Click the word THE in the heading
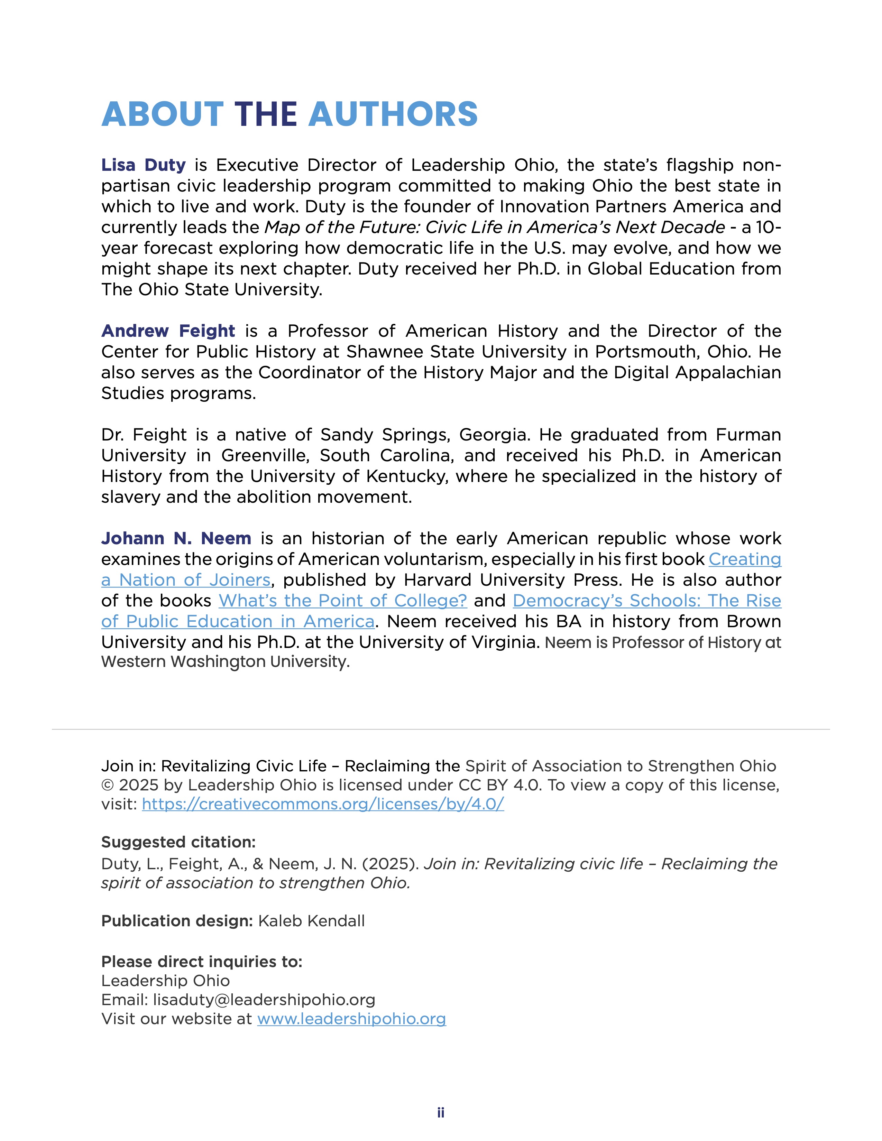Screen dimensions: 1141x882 coord(266,114)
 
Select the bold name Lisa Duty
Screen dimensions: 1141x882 coord(143,165)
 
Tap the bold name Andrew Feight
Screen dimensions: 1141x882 coord(168,331)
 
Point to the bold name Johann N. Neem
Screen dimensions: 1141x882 coord(176,539)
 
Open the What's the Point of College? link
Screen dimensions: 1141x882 coord(342,601)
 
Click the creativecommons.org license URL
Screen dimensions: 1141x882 coord(322,804)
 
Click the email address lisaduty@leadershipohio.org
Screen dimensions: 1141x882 coord(264,1000)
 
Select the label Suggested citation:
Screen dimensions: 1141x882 coord(178,842)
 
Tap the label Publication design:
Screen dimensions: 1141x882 coord(177,921)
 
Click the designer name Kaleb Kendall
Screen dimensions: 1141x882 coord(311,921)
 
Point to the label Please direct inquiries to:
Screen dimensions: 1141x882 coord(202,962)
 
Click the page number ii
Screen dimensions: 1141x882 coord(440,1113)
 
